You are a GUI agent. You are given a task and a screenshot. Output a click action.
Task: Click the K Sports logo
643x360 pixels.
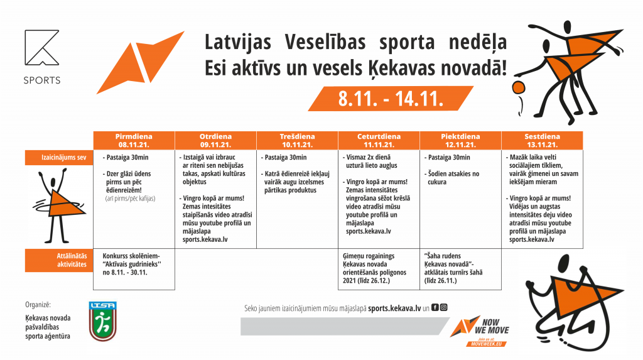point(42,57)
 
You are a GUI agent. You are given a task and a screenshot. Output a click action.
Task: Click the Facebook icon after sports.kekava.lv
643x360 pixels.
point(435,308)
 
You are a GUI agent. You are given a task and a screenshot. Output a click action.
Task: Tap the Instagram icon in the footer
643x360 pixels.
point(443,308)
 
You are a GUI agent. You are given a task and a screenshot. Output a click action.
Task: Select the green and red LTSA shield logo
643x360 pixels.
point(102,321)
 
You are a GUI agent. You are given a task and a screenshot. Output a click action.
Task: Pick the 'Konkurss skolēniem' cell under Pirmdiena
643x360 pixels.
point(134,265)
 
